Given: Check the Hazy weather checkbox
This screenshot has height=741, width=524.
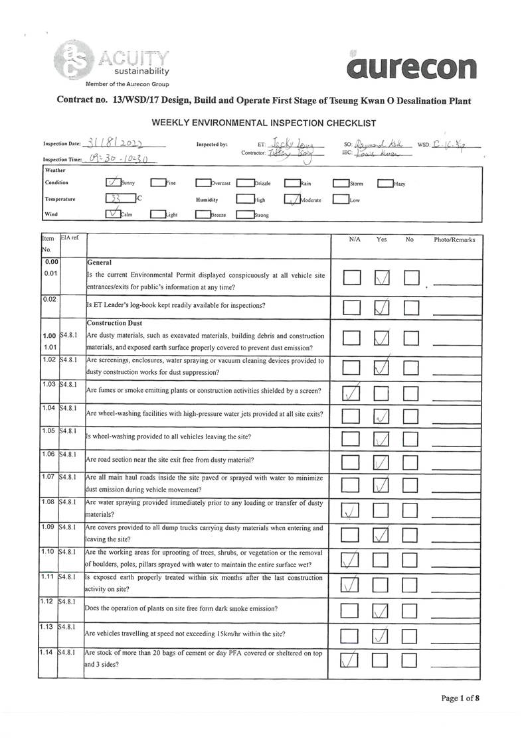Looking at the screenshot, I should (385, 183).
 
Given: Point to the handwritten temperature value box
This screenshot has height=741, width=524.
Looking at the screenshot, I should (120, 198).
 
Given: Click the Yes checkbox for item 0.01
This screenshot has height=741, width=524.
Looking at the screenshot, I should (381, 279).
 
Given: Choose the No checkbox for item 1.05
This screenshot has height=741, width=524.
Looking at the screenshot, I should (412, 439).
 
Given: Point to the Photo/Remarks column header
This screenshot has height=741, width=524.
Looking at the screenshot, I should (454, 239).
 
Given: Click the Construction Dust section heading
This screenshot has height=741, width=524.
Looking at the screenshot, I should (115, 323).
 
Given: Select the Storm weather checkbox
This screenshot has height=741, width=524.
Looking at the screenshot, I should (341, 183).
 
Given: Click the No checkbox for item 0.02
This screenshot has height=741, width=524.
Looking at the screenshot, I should (412, 306).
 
